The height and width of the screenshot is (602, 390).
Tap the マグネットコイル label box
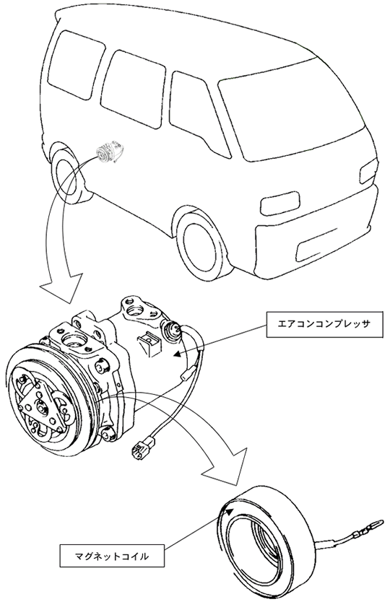point(111,556)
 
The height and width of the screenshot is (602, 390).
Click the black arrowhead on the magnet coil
point(230,511)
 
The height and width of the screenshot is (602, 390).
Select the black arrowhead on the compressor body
point(177,354)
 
